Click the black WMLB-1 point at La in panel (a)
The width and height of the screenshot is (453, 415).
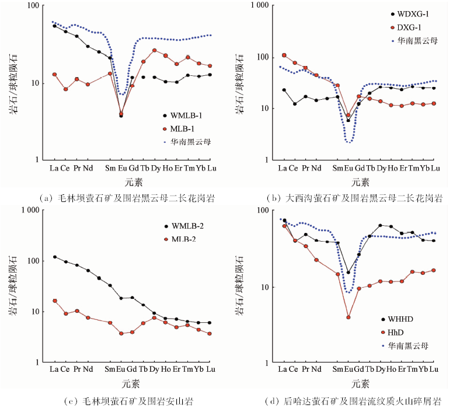54,26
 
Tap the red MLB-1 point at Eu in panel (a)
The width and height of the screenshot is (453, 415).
121,114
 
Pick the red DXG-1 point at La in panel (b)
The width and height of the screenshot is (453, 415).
284,55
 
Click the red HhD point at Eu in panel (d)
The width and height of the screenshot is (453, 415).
349,318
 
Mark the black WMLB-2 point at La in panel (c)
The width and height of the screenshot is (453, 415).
54,257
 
